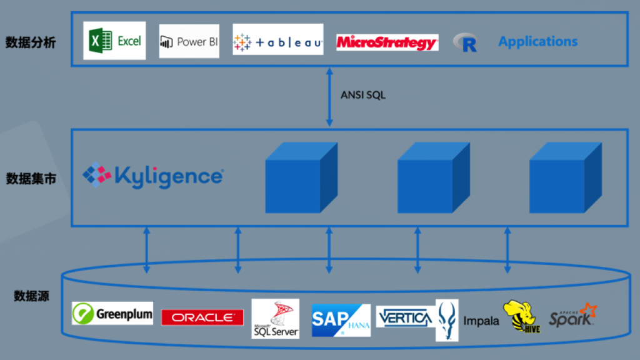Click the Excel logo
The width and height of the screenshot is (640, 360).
click(x=115, y=41)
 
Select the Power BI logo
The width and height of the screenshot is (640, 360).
click(x=189, y=42)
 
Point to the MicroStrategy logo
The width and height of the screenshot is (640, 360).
click(x=387, y=42)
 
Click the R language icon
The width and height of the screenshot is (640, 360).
click(x=466, y=42)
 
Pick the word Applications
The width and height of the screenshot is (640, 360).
click(x=537, y=42)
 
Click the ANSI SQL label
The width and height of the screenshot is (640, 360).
click(x=363, y=96)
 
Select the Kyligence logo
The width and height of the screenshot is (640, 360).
click(x=153, y=175)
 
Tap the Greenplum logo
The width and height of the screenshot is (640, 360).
click(x=112, y=313)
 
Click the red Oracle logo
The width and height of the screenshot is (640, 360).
click(x=202, y=317)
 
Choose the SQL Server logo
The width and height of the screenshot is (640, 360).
click(x=275, y=318)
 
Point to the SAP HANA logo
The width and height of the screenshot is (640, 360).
click(x=341, y=319)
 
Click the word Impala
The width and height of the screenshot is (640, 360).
click(x=481, y=321)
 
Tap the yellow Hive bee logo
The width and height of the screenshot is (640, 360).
click(x=522, y=316)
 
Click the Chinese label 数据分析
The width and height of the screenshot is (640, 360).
click(x=31, y=42)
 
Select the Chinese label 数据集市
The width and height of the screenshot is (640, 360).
click(x=31, y=179)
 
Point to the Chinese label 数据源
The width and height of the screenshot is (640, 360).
click(x=31, y=296)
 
